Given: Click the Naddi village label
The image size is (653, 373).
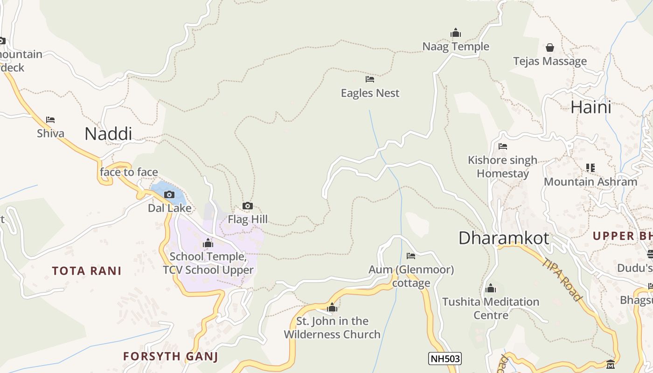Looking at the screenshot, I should coord(108,134).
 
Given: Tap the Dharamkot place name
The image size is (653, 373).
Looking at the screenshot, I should coord(504,238).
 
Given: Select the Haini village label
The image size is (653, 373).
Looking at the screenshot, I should coord(591,107).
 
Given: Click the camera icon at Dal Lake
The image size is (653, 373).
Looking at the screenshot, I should coord(169,194).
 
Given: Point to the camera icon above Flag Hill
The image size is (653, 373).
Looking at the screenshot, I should coord(248,206).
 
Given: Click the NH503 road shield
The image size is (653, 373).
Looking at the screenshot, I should coord(445,359).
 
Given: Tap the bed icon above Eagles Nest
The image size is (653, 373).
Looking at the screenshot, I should coord(370,79).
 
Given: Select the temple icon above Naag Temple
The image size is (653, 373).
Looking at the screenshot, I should coord(456,33).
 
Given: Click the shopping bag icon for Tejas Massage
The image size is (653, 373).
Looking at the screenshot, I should coord(550,48).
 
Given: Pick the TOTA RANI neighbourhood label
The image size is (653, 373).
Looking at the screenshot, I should coord(87,271).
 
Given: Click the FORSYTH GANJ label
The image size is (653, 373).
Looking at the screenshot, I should coord(171,357).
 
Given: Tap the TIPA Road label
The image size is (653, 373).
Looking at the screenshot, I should coord(562,279).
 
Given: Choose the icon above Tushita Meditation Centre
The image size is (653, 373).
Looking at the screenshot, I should coord(490,288).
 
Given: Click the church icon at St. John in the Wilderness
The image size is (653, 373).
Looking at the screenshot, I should coord(332,307).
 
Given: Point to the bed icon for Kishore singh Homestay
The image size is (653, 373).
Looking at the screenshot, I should coord(502,146).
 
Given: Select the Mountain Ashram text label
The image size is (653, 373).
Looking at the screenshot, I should coord(590,182).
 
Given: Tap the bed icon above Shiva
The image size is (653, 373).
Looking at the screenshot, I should coord(50,120).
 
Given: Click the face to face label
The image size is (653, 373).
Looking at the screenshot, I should coord(129,172).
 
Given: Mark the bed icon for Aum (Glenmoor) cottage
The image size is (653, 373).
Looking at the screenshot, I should coord(411,256).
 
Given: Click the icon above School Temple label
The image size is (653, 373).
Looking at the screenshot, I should coord(208,243).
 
